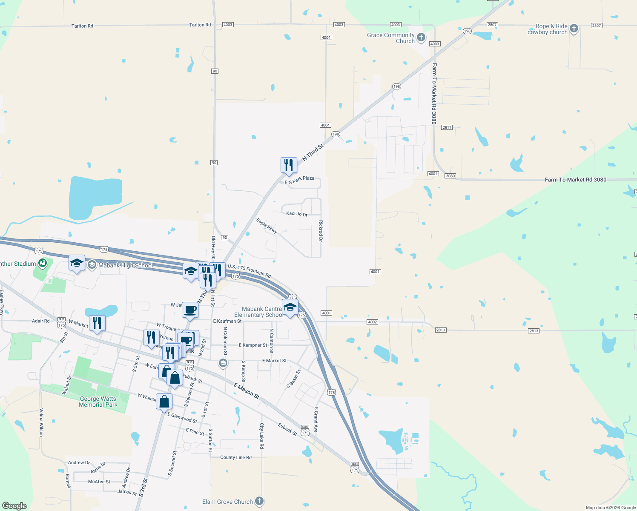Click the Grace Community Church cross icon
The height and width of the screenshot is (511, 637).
point(421,37)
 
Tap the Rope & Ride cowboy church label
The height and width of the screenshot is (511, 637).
point(547,29)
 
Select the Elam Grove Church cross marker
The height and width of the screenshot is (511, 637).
point(259,501)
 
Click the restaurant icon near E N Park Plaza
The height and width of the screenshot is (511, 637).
point(289,165)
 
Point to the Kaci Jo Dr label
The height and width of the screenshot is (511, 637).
point(297,214)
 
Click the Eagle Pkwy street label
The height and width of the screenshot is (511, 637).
point(267,226)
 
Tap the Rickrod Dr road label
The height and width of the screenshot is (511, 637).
point(321,231)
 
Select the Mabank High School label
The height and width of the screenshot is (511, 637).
point(125,265)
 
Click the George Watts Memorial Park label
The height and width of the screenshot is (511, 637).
point(98,402)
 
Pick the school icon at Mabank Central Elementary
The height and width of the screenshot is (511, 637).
point(290,307)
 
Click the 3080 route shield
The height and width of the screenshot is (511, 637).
point(450,176)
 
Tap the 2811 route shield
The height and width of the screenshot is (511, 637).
point(447,127)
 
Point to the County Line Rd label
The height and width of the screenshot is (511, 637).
point(236,457)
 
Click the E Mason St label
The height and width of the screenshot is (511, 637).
point(247,390)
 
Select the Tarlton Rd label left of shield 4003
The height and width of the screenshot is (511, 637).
point(200,25)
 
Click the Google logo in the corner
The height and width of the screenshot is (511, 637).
point(14,506)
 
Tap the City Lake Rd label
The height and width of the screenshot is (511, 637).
point(262,436)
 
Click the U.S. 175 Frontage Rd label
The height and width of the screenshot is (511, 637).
point(249,271)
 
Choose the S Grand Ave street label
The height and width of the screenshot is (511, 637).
point(316,419)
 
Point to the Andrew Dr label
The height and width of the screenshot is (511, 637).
point(79,462)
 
